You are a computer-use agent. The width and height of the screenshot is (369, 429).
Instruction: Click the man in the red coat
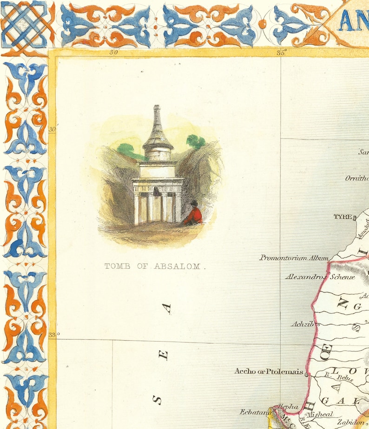click(194, 214)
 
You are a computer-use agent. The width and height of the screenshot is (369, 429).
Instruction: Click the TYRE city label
click(342, 217)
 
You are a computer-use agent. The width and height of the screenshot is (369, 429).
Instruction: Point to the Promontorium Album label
click(294, 257)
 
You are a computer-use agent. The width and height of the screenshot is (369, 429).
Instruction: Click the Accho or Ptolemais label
click(269, 371)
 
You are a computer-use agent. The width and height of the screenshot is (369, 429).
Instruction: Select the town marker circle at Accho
click(306, 373)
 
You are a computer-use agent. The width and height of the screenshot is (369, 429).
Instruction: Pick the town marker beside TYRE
click(355, 217)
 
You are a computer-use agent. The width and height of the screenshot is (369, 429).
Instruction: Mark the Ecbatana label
click(255, 412)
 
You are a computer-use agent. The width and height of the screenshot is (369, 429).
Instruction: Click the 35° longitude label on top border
click(282, 53)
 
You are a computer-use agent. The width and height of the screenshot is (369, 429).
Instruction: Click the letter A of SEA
click(167, 308)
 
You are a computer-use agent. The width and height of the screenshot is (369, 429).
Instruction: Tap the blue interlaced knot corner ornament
click(24, 23)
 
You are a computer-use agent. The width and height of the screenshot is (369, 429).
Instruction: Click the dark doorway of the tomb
click(157, 191)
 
